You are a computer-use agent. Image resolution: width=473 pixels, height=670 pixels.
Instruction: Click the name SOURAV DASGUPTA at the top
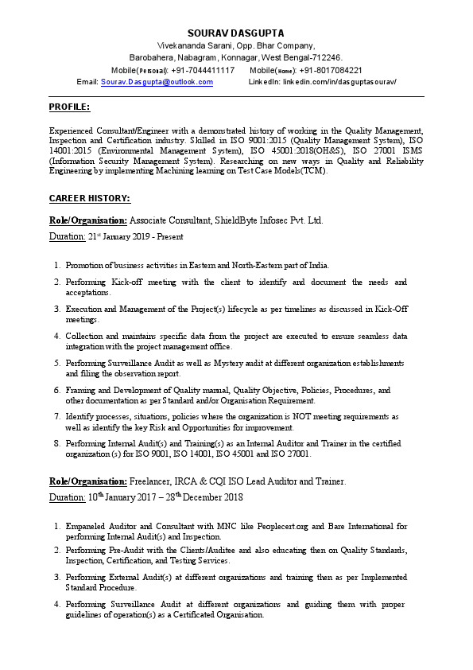click(236, 33)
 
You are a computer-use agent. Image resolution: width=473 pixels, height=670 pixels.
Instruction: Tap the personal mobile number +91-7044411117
click(203, 70)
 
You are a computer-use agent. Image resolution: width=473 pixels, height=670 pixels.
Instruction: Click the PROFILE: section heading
click(69, 107)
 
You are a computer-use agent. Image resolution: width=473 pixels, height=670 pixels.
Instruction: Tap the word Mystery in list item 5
click(231, 363)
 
